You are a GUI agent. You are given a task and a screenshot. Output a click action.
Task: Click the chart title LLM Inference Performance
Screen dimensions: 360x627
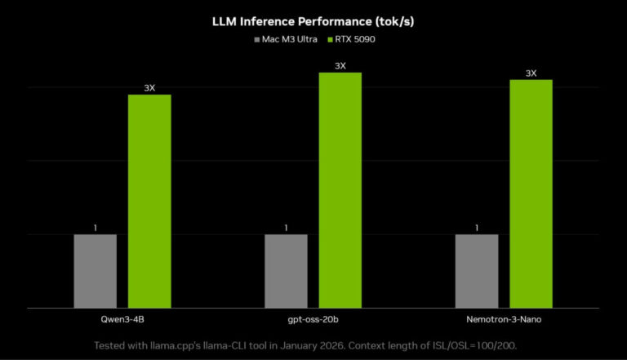point(313,21)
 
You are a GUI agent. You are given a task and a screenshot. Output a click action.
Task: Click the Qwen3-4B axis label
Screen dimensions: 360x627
point(122,321)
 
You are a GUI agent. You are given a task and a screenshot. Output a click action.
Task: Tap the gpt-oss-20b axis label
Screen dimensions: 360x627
point(313,321)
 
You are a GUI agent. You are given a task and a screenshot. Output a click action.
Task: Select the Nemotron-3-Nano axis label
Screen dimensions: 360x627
point(504,321)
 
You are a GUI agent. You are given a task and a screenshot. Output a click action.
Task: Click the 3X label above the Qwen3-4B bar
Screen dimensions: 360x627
point(149,87)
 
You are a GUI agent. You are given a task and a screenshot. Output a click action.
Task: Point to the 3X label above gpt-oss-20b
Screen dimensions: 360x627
point(340,65)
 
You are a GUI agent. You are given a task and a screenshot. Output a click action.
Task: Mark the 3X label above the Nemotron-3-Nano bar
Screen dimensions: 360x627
point(531,73)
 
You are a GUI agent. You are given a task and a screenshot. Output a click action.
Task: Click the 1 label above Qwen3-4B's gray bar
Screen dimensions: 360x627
point(95,228)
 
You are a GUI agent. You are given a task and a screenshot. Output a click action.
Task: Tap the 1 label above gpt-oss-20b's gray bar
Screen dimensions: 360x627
point(286,228)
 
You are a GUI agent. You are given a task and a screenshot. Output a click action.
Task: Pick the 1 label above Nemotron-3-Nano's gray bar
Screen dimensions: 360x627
point(476,228)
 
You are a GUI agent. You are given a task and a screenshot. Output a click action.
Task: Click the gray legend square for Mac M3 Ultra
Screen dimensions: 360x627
point(258,38)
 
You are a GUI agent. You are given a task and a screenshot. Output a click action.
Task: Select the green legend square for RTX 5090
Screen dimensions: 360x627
point(331,38)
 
